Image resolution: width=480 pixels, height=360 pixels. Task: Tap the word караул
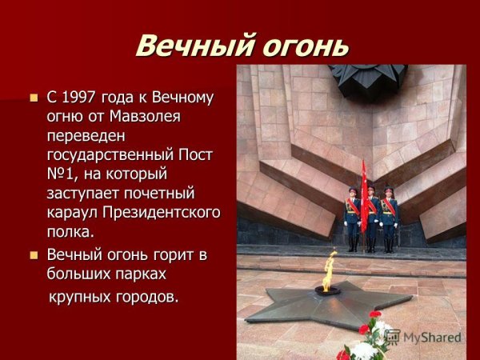pos(73,212)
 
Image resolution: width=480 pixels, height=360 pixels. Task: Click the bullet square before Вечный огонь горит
pos(34,255)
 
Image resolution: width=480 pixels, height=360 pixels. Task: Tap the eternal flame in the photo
pos(329,268)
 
